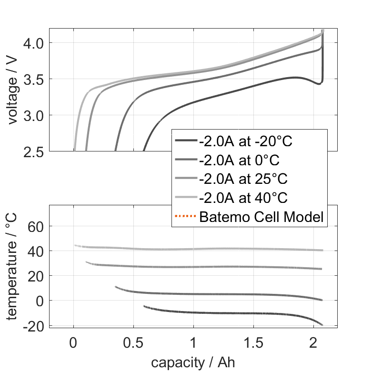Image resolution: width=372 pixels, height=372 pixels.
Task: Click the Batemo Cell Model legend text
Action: (261, 217)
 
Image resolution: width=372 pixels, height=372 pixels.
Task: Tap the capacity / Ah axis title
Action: (193, 362)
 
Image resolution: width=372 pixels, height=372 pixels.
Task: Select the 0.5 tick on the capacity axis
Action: (133, 342)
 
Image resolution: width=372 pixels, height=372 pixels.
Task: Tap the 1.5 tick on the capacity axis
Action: (253, 342)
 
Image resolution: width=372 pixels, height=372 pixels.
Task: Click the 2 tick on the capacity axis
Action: (313, 342)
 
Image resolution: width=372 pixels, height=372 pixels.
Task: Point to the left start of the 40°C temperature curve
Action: (75, 246)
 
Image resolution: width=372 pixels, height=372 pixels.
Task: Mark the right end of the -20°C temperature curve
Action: (322, 325)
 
